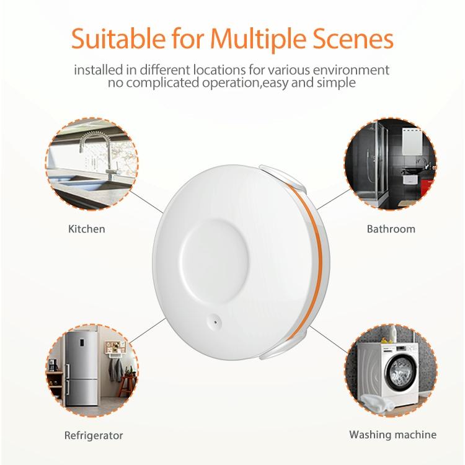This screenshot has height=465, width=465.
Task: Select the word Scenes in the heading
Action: click(x=353, y=38)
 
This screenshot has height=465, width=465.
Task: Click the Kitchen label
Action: click(x=86, y=229)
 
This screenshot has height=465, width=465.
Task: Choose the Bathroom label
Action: click(x=391, y=229)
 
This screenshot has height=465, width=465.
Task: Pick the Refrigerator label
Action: click(x=94, y=435)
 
